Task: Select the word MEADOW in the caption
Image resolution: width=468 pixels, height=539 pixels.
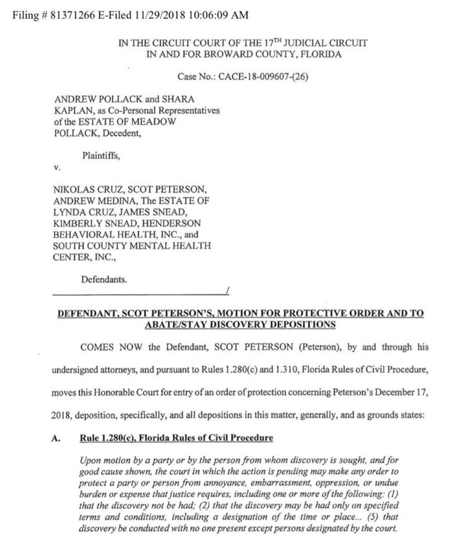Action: [x=155, y=122]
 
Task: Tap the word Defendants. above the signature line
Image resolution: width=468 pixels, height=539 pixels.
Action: [x=104, y=280]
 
